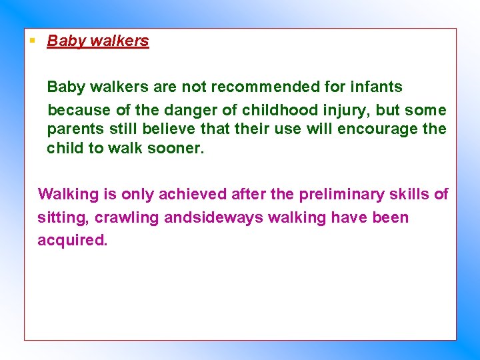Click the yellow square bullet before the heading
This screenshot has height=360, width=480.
coord(31,40)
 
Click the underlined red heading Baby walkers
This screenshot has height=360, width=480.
coord(98,41)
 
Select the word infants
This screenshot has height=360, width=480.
coord(374,87)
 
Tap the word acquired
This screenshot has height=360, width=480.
coord(72,240)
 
